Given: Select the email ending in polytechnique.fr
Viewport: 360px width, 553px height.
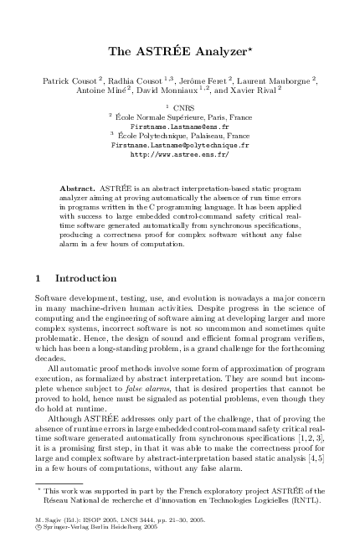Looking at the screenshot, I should [180, 144].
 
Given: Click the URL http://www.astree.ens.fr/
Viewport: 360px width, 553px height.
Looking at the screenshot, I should [180, 154].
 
